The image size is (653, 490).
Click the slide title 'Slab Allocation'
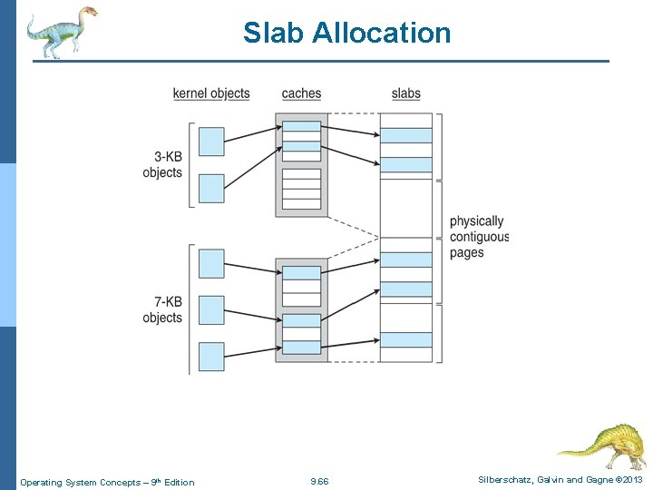346,34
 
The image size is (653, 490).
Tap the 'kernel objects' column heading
211,93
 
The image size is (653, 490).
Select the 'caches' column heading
301,93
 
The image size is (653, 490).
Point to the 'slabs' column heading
405,93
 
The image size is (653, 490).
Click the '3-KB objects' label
162,164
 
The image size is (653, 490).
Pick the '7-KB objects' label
162,309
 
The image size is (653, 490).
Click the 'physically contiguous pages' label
478,237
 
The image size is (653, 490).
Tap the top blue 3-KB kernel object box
211,141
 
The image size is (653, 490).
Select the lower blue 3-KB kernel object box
211,188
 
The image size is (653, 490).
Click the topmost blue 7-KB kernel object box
211,263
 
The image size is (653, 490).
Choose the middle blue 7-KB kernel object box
211,309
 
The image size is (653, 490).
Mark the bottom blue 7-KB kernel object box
211,356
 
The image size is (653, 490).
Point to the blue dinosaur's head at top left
87,13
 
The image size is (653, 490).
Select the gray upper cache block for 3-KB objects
301,164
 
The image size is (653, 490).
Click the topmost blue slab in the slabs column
405,135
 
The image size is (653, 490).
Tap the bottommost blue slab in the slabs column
405,339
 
